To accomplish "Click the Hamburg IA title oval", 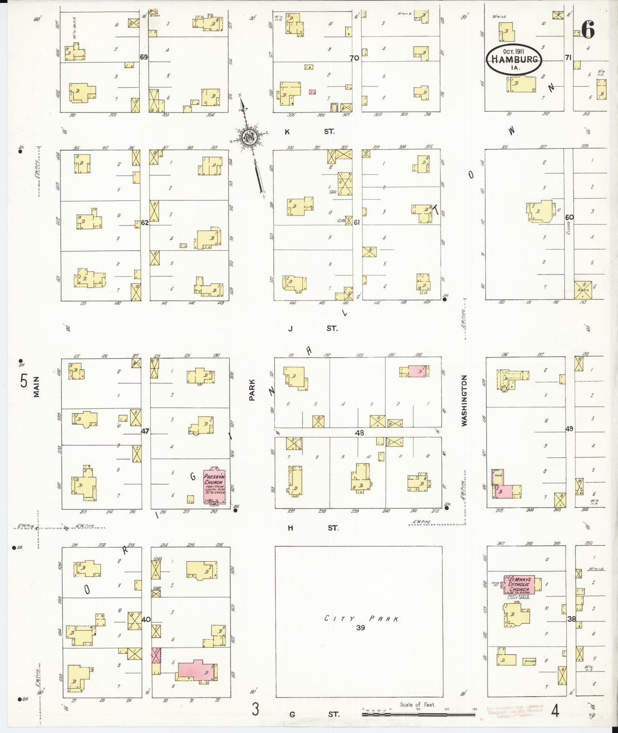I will (x=514, y=59).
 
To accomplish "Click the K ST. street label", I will (x=310, y=132).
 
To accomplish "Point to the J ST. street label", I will (x=313, y=328).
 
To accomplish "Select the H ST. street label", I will (x=313, y=528).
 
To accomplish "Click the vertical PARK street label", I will (x=252, y=390).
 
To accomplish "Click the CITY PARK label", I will (x=362, y=618).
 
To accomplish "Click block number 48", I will (x=359, y=433).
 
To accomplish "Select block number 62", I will (x=145, y=222).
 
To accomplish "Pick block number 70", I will (x=354, y=58).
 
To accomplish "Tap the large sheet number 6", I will (x=588, y=30).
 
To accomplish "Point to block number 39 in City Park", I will (x=361, y=628).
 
